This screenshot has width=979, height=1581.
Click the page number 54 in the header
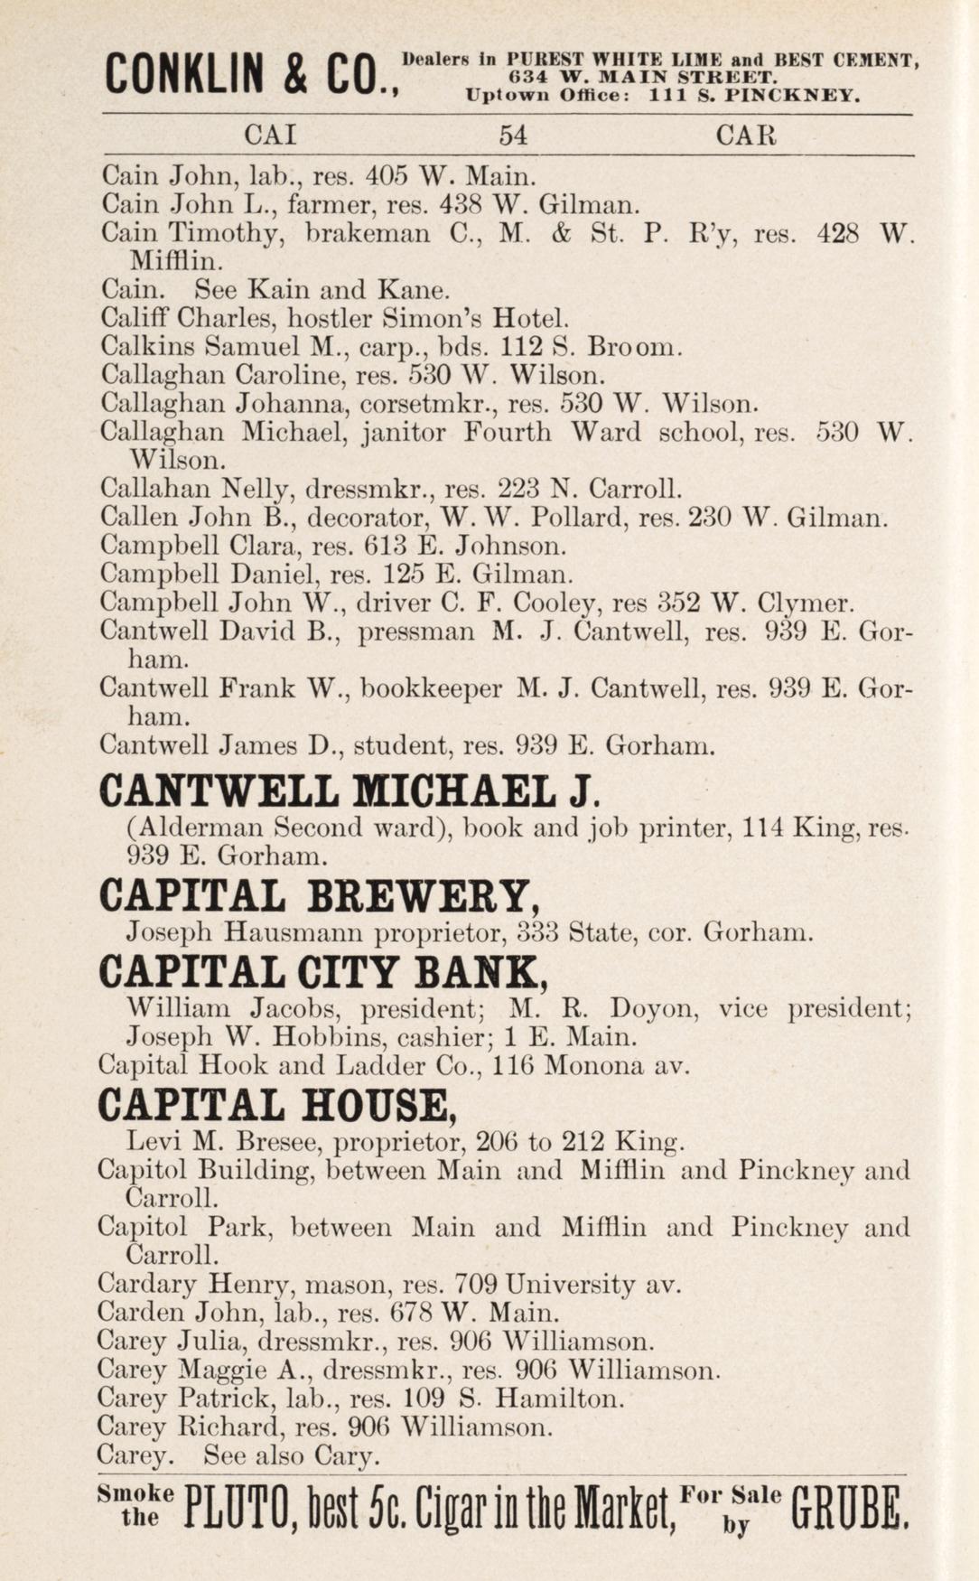pyautogui.click(x=513, y=136)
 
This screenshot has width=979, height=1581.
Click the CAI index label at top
pyautogui.click(x=271, y=136)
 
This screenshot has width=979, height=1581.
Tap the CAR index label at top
pyautogui.click(x=746, y=136)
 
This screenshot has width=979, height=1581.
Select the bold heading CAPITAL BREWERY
pyautogui.click(x=321, y=897)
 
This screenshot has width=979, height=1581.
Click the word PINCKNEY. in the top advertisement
pyautogui.click(x=800, y=96)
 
